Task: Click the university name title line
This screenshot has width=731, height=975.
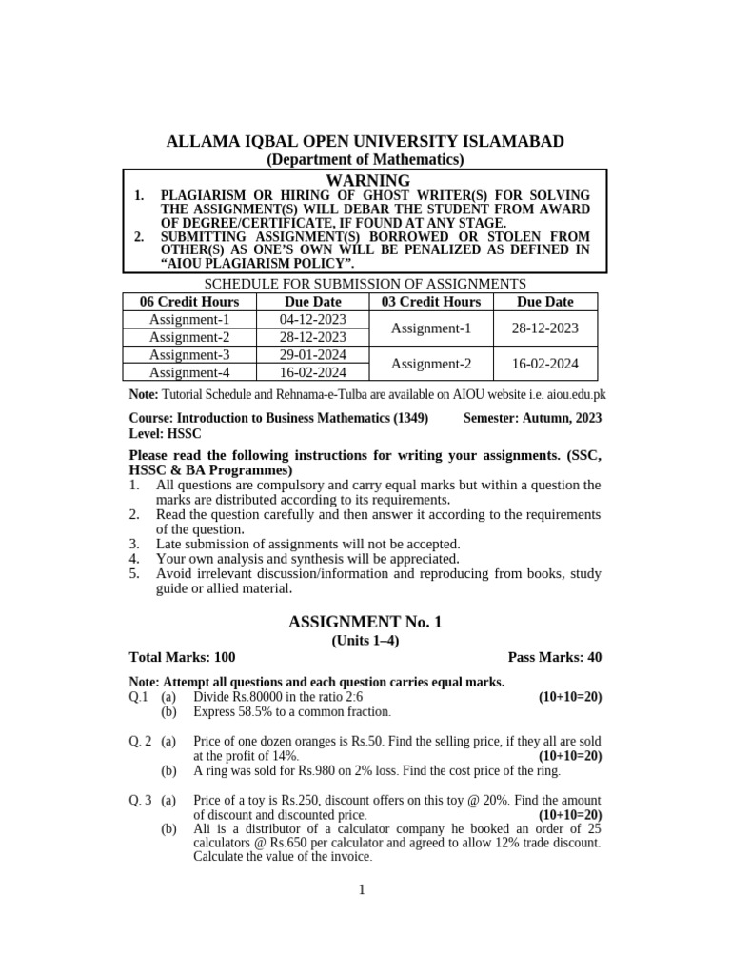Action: click(x=365, y=142)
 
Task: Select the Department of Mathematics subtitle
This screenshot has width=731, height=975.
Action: click(x=365, y=160)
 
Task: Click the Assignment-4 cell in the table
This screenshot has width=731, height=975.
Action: click(x=189, y=372)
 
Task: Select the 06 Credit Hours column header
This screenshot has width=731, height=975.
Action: click(x=189, y=301)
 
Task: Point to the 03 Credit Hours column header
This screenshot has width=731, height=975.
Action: click(x=431, y=301)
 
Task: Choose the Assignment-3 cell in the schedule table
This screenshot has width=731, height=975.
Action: click(x=189, y=354)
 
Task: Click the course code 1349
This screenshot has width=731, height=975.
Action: click(x=408, y=417)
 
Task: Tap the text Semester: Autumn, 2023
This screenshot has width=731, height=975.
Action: click(x=532, y=417)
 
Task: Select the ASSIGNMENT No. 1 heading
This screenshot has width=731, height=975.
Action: click(x=365, y=622)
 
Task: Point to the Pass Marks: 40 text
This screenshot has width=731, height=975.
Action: click(x=555, y=657)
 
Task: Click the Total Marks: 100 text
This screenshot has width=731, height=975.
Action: click(x=182, y=657)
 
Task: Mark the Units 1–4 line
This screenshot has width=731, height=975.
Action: click(x=365, y=640)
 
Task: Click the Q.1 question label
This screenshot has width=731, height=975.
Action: click(x=139, y=697)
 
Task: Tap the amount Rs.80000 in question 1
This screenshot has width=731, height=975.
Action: click(x=267, y=697)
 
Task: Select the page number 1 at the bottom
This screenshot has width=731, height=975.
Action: click(x=362, y=890)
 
